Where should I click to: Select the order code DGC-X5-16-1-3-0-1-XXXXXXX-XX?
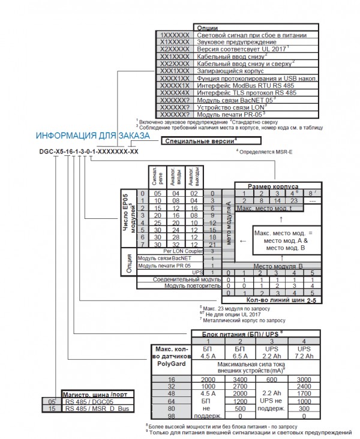click(x=88, y=152)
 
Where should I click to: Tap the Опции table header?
click(x=206, y=28)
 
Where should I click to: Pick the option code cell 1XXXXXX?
click(x=175, y=35)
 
